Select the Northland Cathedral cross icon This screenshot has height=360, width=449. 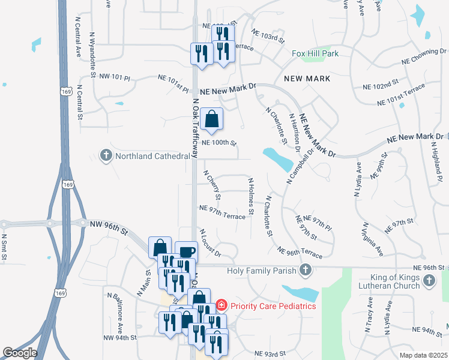(x=106, y=156)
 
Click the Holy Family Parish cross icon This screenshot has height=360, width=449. (x=306, y=270)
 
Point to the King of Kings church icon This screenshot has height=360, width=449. (x=429, y=281)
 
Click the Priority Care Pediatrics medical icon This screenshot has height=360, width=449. (x=221, y=305)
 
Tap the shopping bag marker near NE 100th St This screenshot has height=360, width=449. (x=211, y=119)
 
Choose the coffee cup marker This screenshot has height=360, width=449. (x=186, y=251)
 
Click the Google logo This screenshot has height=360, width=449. (x=19, y=353)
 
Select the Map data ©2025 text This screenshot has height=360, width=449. (x=424, y=355)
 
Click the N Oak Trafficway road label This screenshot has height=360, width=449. (x=195, y=128)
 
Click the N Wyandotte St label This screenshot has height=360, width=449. (x=92, y=55)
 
